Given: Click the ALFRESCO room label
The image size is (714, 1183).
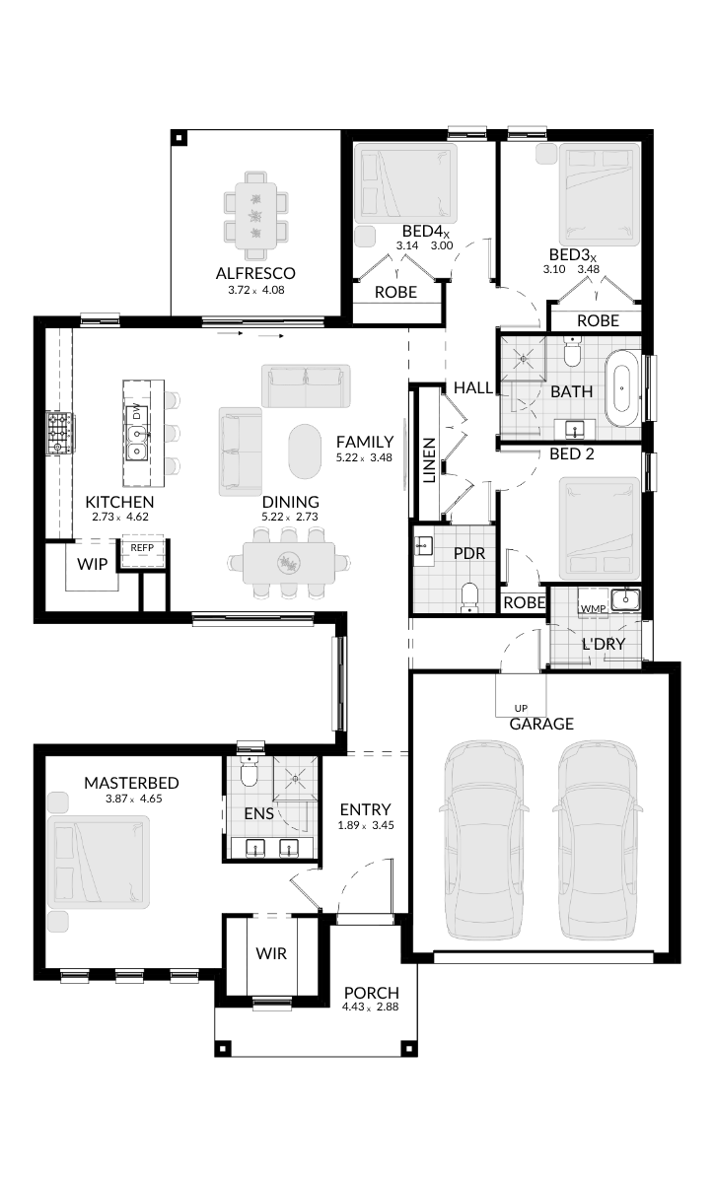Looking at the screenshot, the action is tap(255, 273).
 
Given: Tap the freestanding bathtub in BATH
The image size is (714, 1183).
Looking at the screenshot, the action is tap(622, 387).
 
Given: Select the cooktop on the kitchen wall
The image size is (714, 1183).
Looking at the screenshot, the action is tap(60, 434).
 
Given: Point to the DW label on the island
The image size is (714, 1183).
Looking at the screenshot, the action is tap(137, 411).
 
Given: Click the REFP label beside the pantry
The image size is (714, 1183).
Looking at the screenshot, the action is tap(142, 548).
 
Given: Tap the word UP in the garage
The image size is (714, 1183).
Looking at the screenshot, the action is tap(521, 708).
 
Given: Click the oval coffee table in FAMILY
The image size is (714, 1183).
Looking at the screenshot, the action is tap(305, 452).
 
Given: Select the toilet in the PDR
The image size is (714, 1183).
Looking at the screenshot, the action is tap(468, 596).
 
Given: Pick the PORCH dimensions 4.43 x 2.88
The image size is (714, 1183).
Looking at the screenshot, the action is tap(370, 1007).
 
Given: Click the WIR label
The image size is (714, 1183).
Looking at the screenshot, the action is tap(271, 953).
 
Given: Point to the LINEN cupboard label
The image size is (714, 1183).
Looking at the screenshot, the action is tap(430, 460).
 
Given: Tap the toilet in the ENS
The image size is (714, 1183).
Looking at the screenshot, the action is tap(248, 772).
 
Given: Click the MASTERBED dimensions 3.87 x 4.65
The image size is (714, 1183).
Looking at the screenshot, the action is tap(134, 799).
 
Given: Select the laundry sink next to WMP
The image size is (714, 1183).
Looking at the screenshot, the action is tap(626, 599).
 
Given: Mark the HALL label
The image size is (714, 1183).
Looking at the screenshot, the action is tap(473, 387).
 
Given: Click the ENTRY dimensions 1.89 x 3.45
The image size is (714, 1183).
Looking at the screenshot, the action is tap(366, 825).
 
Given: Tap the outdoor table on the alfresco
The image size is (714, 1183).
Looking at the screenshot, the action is tap(256, 215).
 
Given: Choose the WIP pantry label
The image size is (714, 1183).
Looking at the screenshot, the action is tap(93, 564).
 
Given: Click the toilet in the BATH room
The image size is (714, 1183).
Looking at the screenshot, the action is tap(572, 352).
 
